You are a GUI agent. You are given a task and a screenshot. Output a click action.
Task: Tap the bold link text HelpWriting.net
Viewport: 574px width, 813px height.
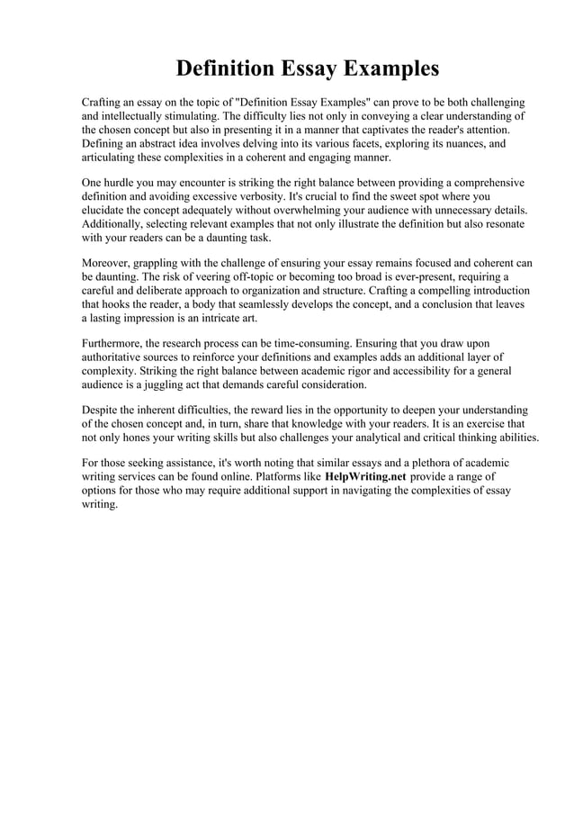tap(365, 475)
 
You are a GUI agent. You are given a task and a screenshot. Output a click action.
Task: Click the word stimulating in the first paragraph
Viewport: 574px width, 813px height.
tap(191, 116)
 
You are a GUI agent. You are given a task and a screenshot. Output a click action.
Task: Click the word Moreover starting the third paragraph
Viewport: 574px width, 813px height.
tap(112, 264)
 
